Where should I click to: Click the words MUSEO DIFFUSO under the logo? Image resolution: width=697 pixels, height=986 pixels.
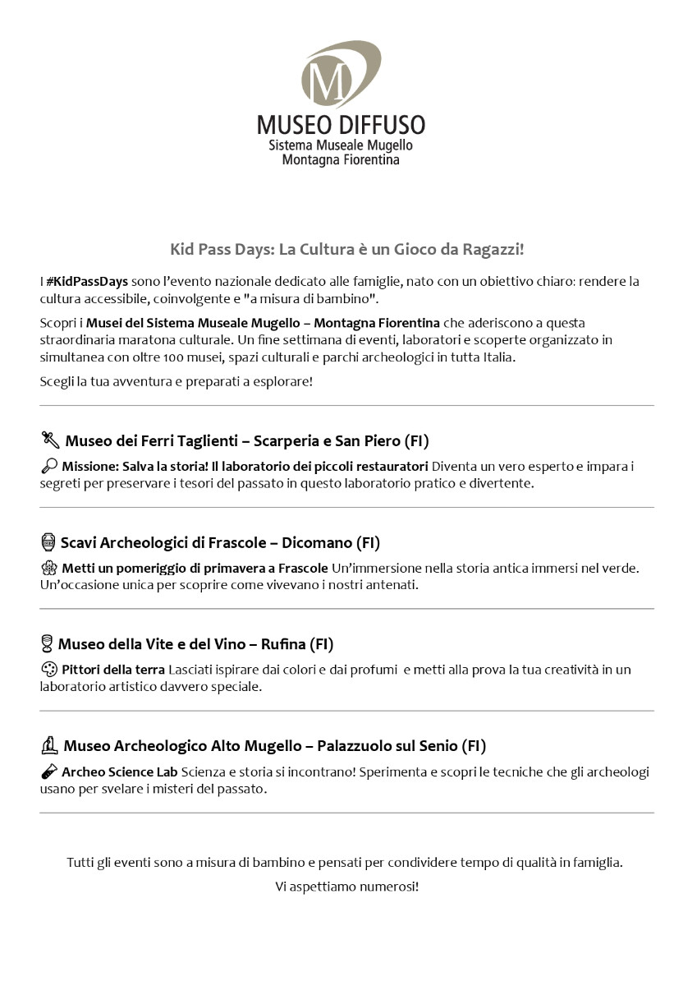tap(341, 125)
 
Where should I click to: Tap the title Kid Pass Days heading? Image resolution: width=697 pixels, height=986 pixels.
tap(347, 249)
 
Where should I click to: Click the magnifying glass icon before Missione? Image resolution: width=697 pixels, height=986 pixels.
tap(48, 467)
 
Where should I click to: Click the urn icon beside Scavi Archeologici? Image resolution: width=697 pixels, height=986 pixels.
tap(48, 542)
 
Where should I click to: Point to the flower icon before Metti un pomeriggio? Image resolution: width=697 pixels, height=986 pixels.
tap(48, 569)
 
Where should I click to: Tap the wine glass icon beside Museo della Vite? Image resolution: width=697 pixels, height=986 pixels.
tap(47, 644)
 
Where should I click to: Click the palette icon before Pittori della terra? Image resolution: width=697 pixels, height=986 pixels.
tap(48, 670)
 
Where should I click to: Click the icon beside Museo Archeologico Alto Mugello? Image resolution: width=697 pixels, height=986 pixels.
tap(49, 746)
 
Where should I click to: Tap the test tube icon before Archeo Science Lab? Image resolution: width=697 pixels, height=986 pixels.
tap(48, 772)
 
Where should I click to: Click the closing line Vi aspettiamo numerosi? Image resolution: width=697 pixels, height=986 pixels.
tap(347, 887)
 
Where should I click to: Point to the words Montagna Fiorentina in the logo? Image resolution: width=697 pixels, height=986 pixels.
tap(341, 159)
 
